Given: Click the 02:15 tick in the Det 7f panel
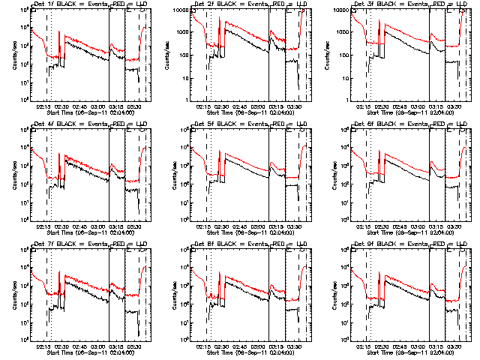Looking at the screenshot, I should tap(43, 346).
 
